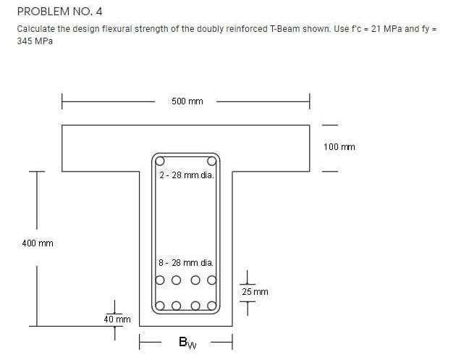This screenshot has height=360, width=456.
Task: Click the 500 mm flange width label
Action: [x=187, y=101]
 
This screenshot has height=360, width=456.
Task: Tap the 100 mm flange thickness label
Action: [x=339, y=147]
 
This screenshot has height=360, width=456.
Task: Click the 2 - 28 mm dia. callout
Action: [x=185, y=175]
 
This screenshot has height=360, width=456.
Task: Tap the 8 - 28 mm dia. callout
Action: [x=185, y=263]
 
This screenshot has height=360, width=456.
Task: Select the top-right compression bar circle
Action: [x=212, y=161]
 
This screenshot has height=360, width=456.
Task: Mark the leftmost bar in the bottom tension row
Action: [x=160, y=305]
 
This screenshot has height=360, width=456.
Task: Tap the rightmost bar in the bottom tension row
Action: [x=212, y=305]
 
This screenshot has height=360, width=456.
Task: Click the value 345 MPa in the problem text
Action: [x=35, y=41]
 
